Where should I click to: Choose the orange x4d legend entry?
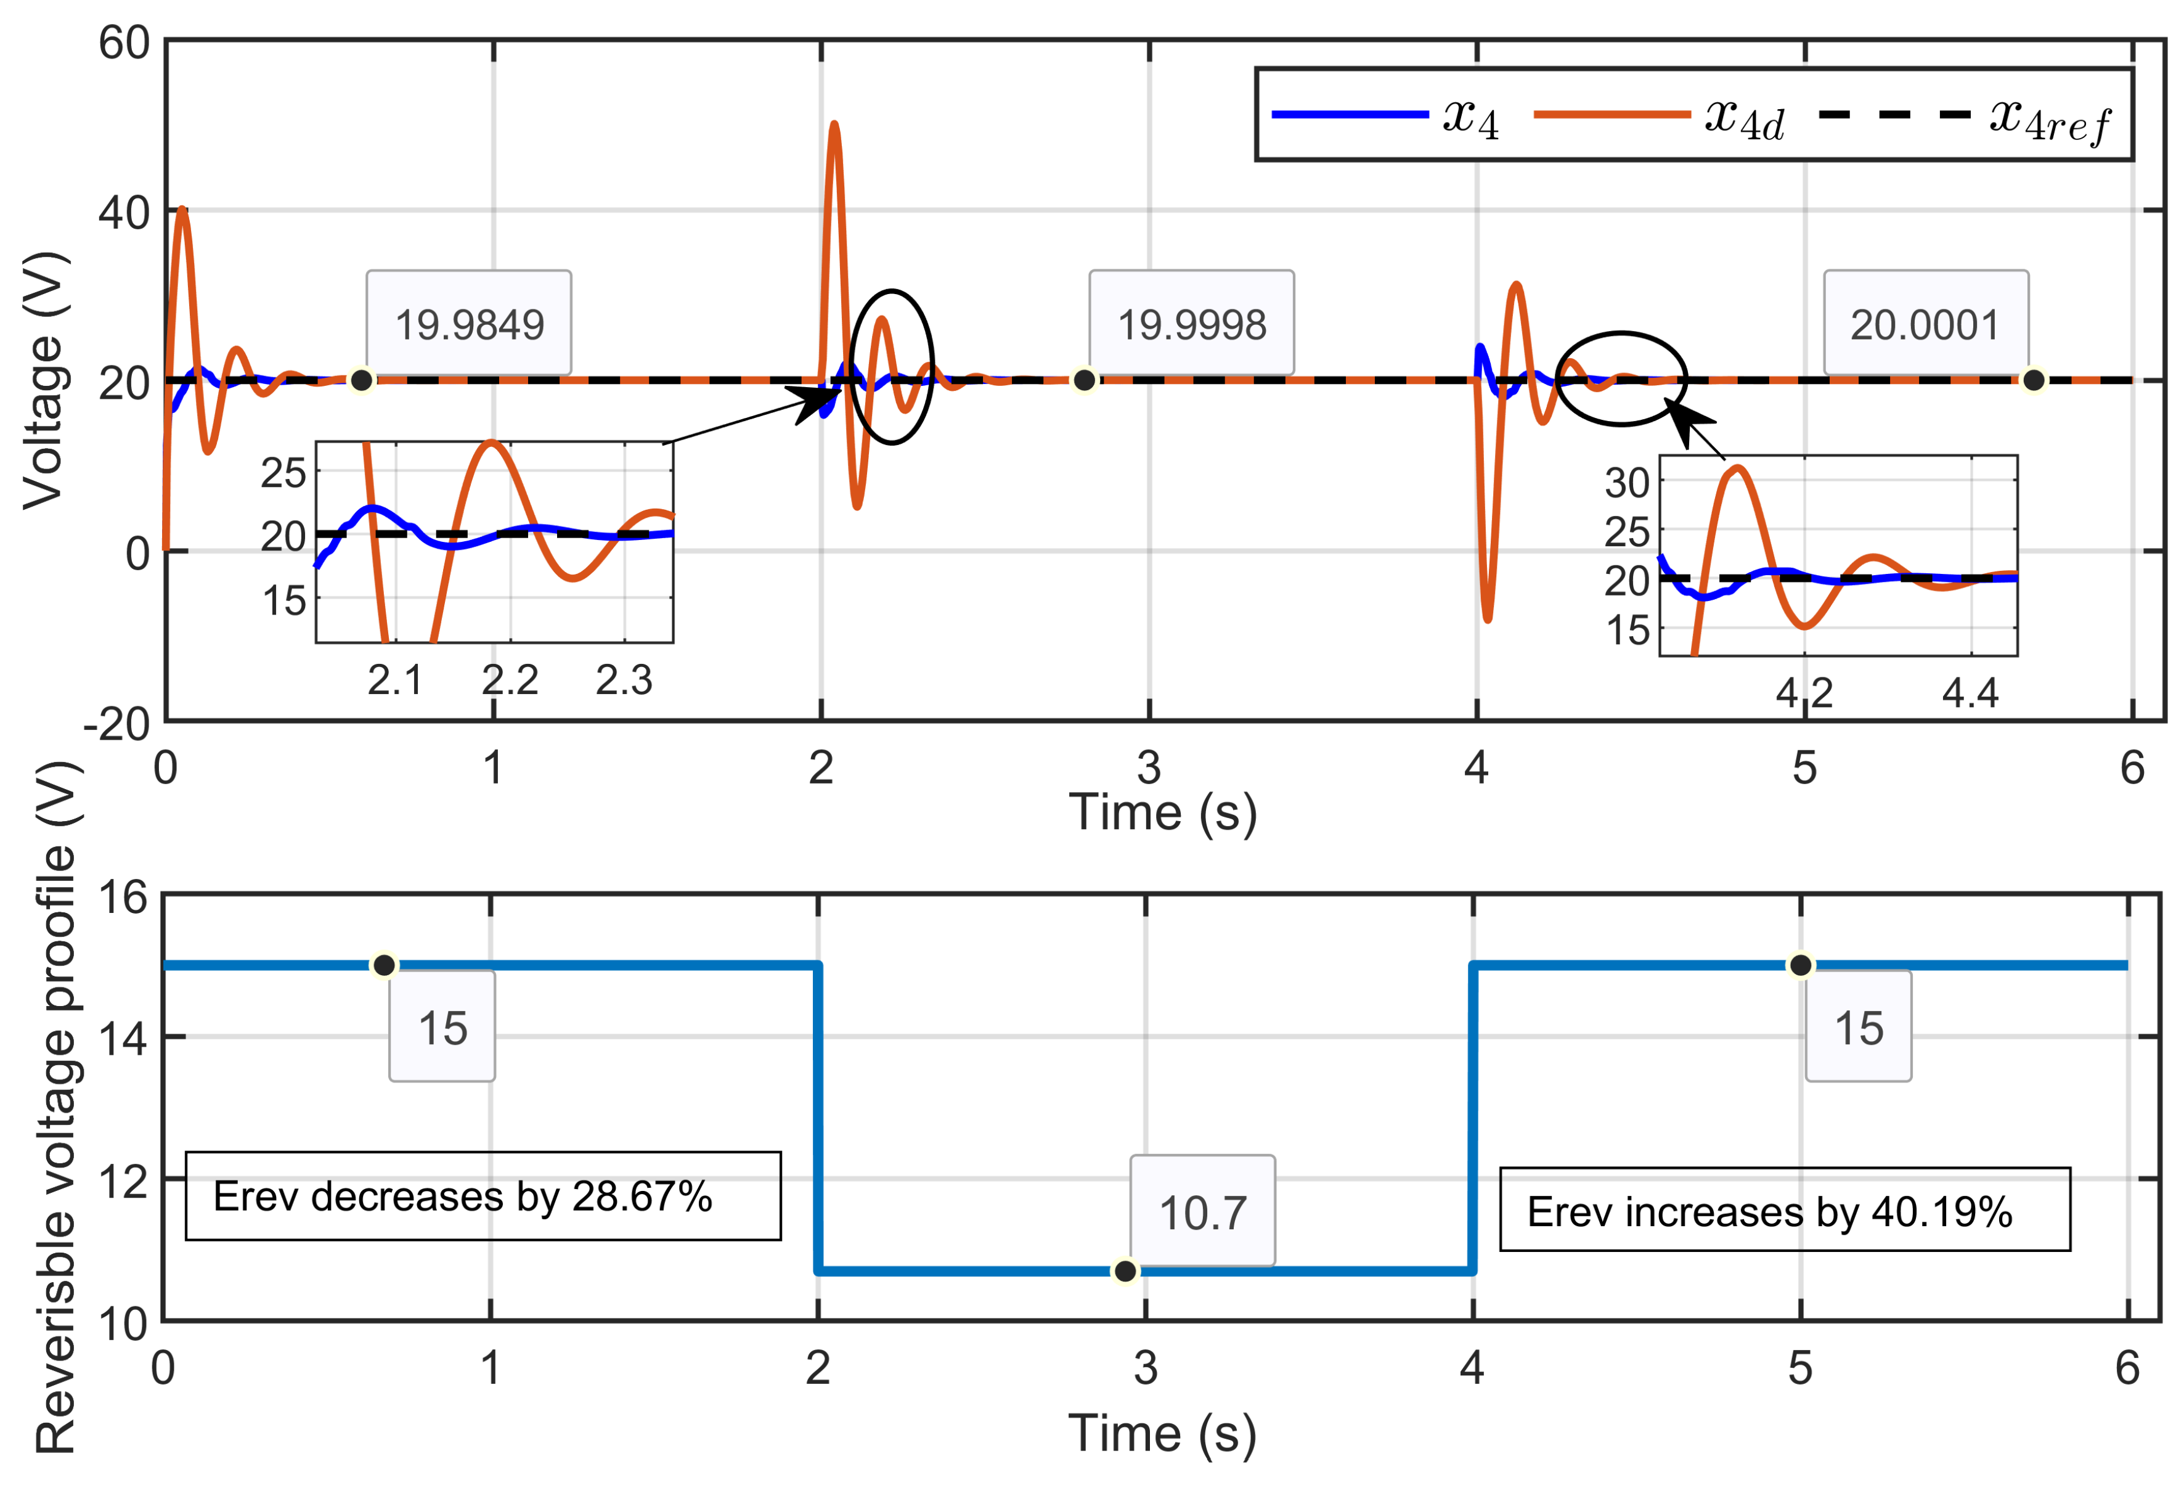[1659, 118]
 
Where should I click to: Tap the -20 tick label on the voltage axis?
[116, 725]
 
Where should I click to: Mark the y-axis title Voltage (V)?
[45, 380]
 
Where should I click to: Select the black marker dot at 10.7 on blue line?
[1125, 1270]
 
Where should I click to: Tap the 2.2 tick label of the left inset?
[510, 679]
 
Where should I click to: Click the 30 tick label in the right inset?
[1627, 483]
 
